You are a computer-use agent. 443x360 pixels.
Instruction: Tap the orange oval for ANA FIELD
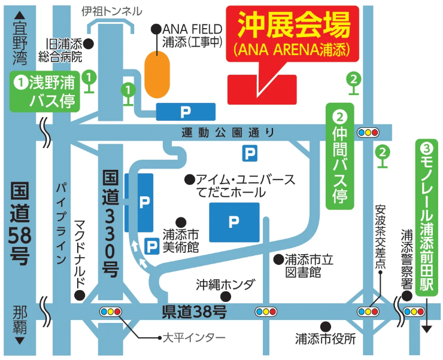point(158,74)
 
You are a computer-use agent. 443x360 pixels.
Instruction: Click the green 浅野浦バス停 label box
point(45,91)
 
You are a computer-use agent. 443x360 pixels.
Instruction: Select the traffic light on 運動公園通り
point(368,132)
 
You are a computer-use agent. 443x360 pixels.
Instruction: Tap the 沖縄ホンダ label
point(224,284)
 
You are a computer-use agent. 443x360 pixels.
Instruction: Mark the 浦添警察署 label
point(406,258)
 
